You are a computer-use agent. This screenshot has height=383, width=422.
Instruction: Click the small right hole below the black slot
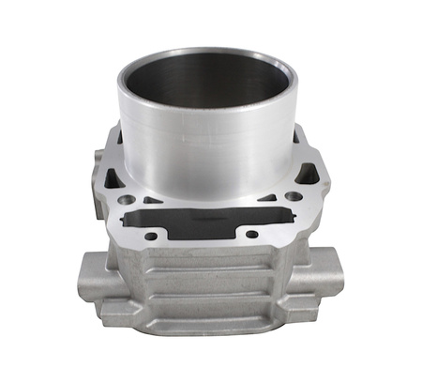coord(250,232)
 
